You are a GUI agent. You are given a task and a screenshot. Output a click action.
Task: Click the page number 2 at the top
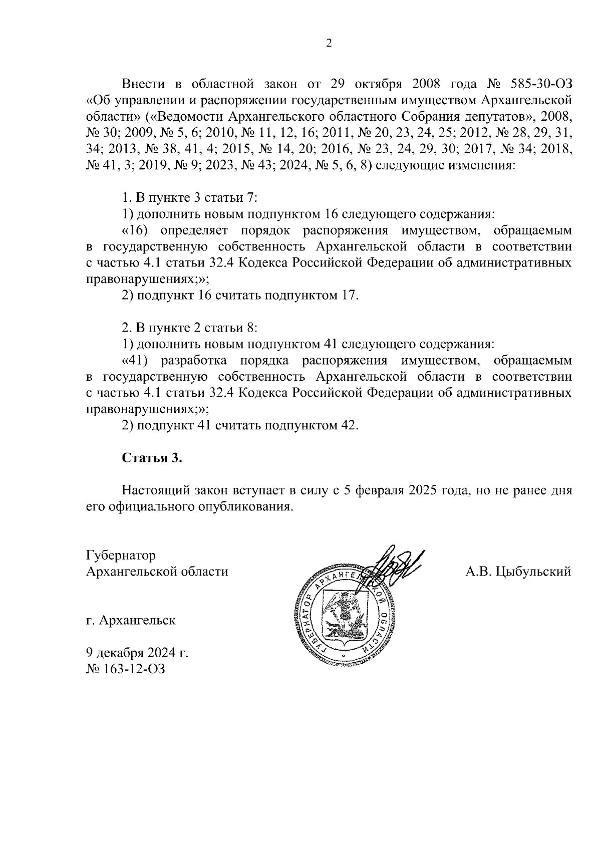pyautogui.click(x=329, y=44)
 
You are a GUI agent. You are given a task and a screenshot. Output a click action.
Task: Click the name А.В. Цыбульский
pyautogui.click(x=518, y=572)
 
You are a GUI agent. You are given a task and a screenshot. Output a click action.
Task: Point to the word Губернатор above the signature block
pyautogui.click(x=121, y=555)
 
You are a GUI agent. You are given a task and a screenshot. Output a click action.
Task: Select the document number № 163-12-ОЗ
pyautogui.click(x=125, y=669)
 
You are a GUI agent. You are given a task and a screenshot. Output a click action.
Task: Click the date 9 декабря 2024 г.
pyautogui.click(x=137, y=653)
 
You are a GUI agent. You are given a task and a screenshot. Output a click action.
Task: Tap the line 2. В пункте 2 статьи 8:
pyautogui.click(x=190, y=328)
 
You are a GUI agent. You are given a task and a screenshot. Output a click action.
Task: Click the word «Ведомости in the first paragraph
pyautogui.click(x=186, y=117)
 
